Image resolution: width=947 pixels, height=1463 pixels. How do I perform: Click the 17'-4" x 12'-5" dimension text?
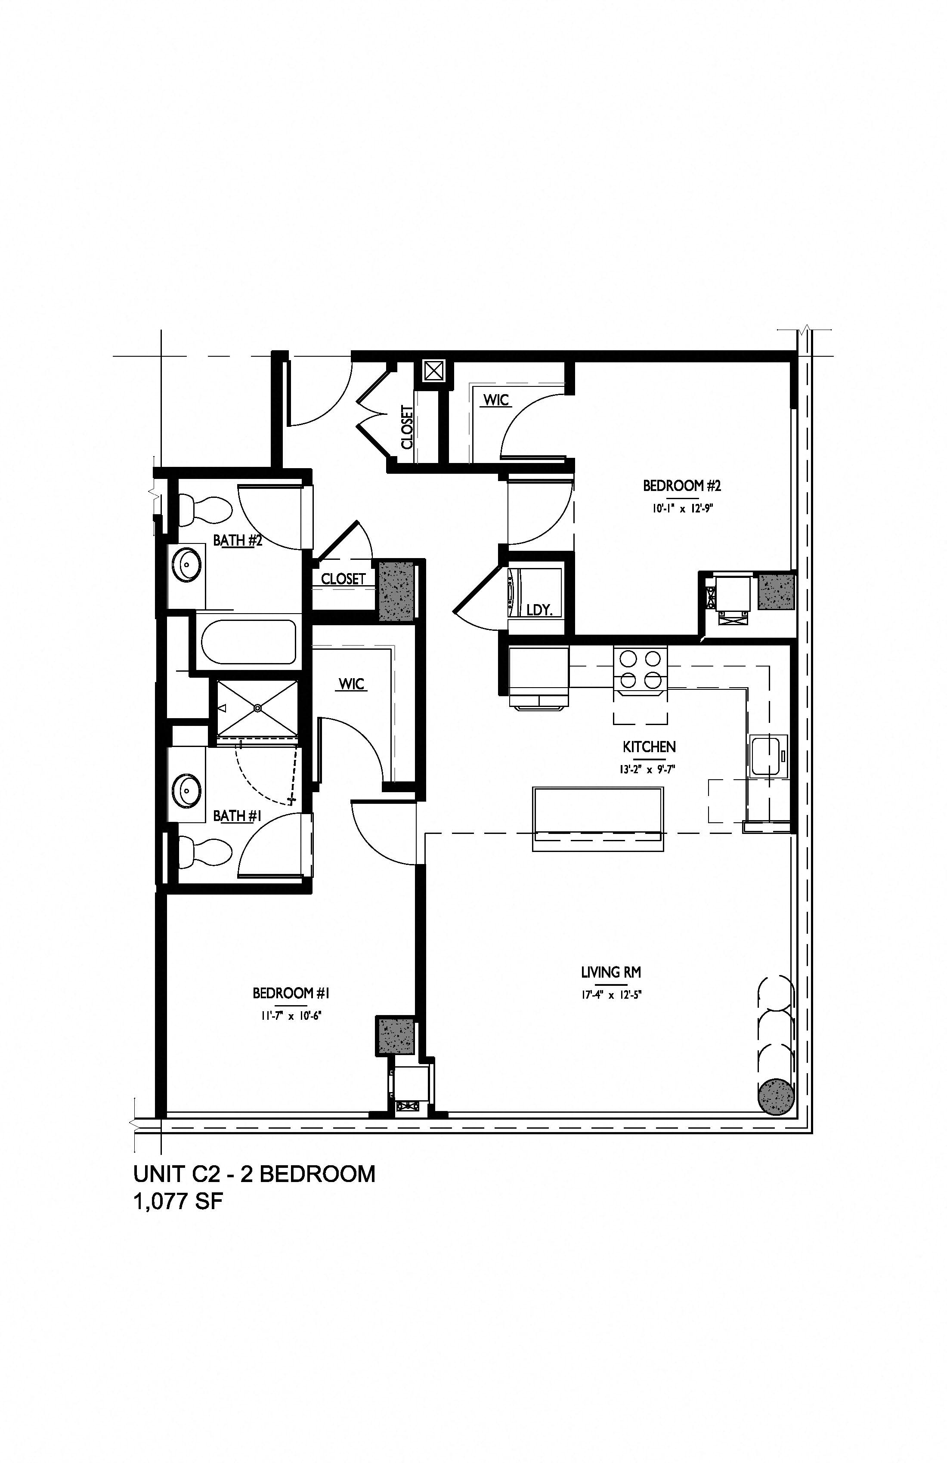tap(611, 994)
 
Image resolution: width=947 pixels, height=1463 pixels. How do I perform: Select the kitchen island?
tap(598, 819)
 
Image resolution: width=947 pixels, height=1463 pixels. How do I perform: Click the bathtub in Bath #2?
tap(248, 642)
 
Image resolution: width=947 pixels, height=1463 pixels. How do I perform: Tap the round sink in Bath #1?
tap(185, 791)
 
